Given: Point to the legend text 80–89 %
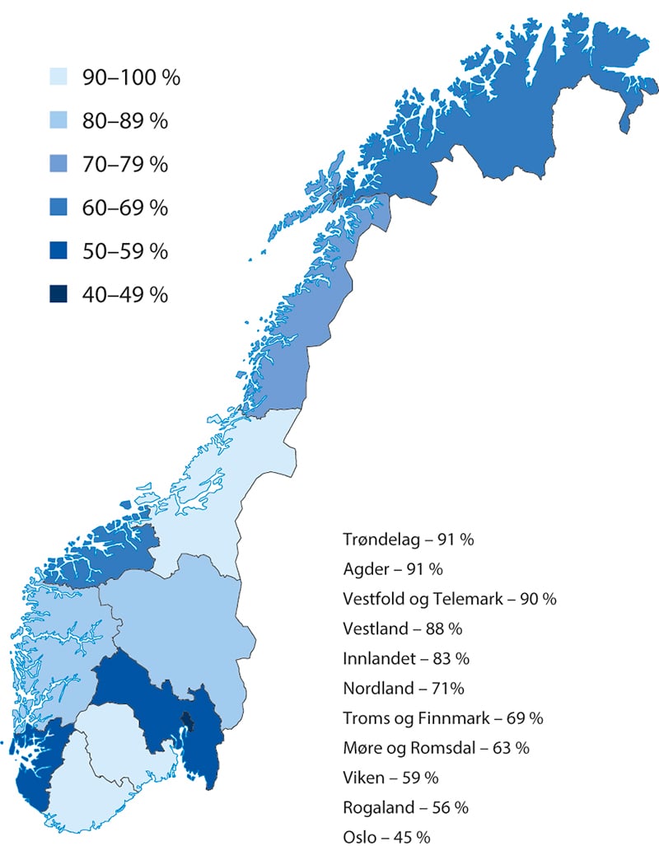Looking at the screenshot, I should [124, 121].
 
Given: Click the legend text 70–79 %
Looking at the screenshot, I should [124, 164].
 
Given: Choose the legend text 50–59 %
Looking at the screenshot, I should [124, 250].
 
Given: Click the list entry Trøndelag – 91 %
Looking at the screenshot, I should [407, 540].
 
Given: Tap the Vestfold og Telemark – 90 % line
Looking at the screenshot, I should [449, 599].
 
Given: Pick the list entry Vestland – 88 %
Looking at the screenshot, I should [402, 629].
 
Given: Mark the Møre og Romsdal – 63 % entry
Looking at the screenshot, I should [436, 747].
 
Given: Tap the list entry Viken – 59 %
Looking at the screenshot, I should [390, 777].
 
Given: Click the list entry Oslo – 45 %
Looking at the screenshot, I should [386, 836].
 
